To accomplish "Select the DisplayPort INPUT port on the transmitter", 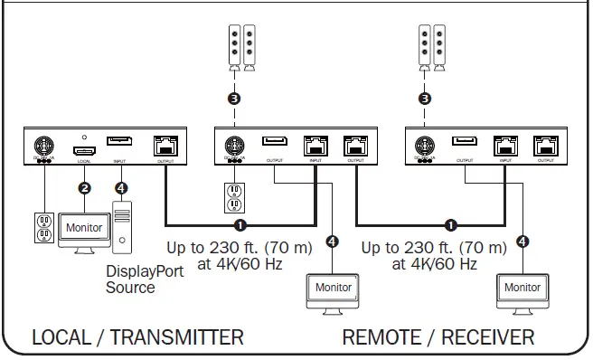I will coord(120,141).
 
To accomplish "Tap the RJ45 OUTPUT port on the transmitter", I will coord(166,144).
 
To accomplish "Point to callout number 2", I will coord(84,188).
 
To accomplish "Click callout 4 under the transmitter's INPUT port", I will coord(121,188).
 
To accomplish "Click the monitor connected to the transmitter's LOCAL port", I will coord(83,230).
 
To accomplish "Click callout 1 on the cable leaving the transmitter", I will coord(240,224).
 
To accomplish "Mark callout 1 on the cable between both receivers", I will coord(451,224).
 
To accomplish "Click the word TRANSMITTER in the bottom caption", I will coord(175,337).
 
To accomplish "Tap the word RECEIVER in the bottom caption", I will coord(478,337).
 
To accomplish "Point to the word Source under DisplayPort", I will coord(130,288).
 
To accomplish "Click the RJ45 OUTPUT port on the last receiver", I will coord(545,144).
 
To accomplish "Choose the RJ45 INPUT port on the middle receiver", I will coord(315,144).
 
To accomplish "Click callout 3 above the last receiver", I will coord(426,98).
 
